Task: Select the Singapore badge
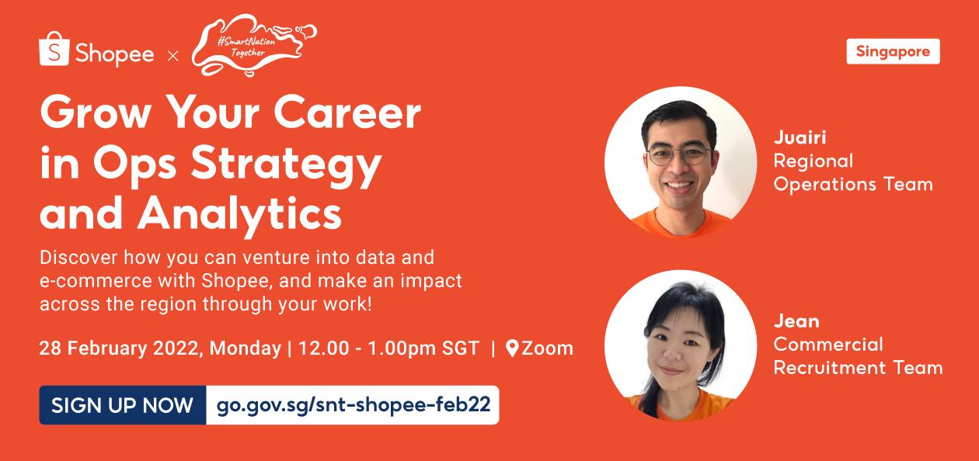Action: pyautogui.click(x=893, y=51)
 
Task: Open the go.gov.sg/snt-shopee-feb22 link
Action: pyautogui.click(x=353, y=405)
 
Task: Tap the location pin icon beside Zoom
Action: pyautogui.click(x=512, y=348)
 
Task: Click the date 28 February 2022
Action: pyautogui.click(x=120, y=348)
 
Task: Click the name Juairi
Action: pyautogui.click(x=800, y=138)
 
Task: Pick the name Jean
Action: pyautogui.click(x=796, y=321)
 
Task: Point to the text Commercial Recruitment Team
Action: pyautogui.click(x=858, y=356)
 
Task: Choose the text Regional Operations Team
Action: pyautogui.click(x=852, y=172)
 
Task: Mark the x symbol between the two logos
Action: pyautogui.click(x=173, y=56)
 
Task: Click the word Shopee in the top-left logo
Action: pyautogui.click(x=114, y=54)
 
